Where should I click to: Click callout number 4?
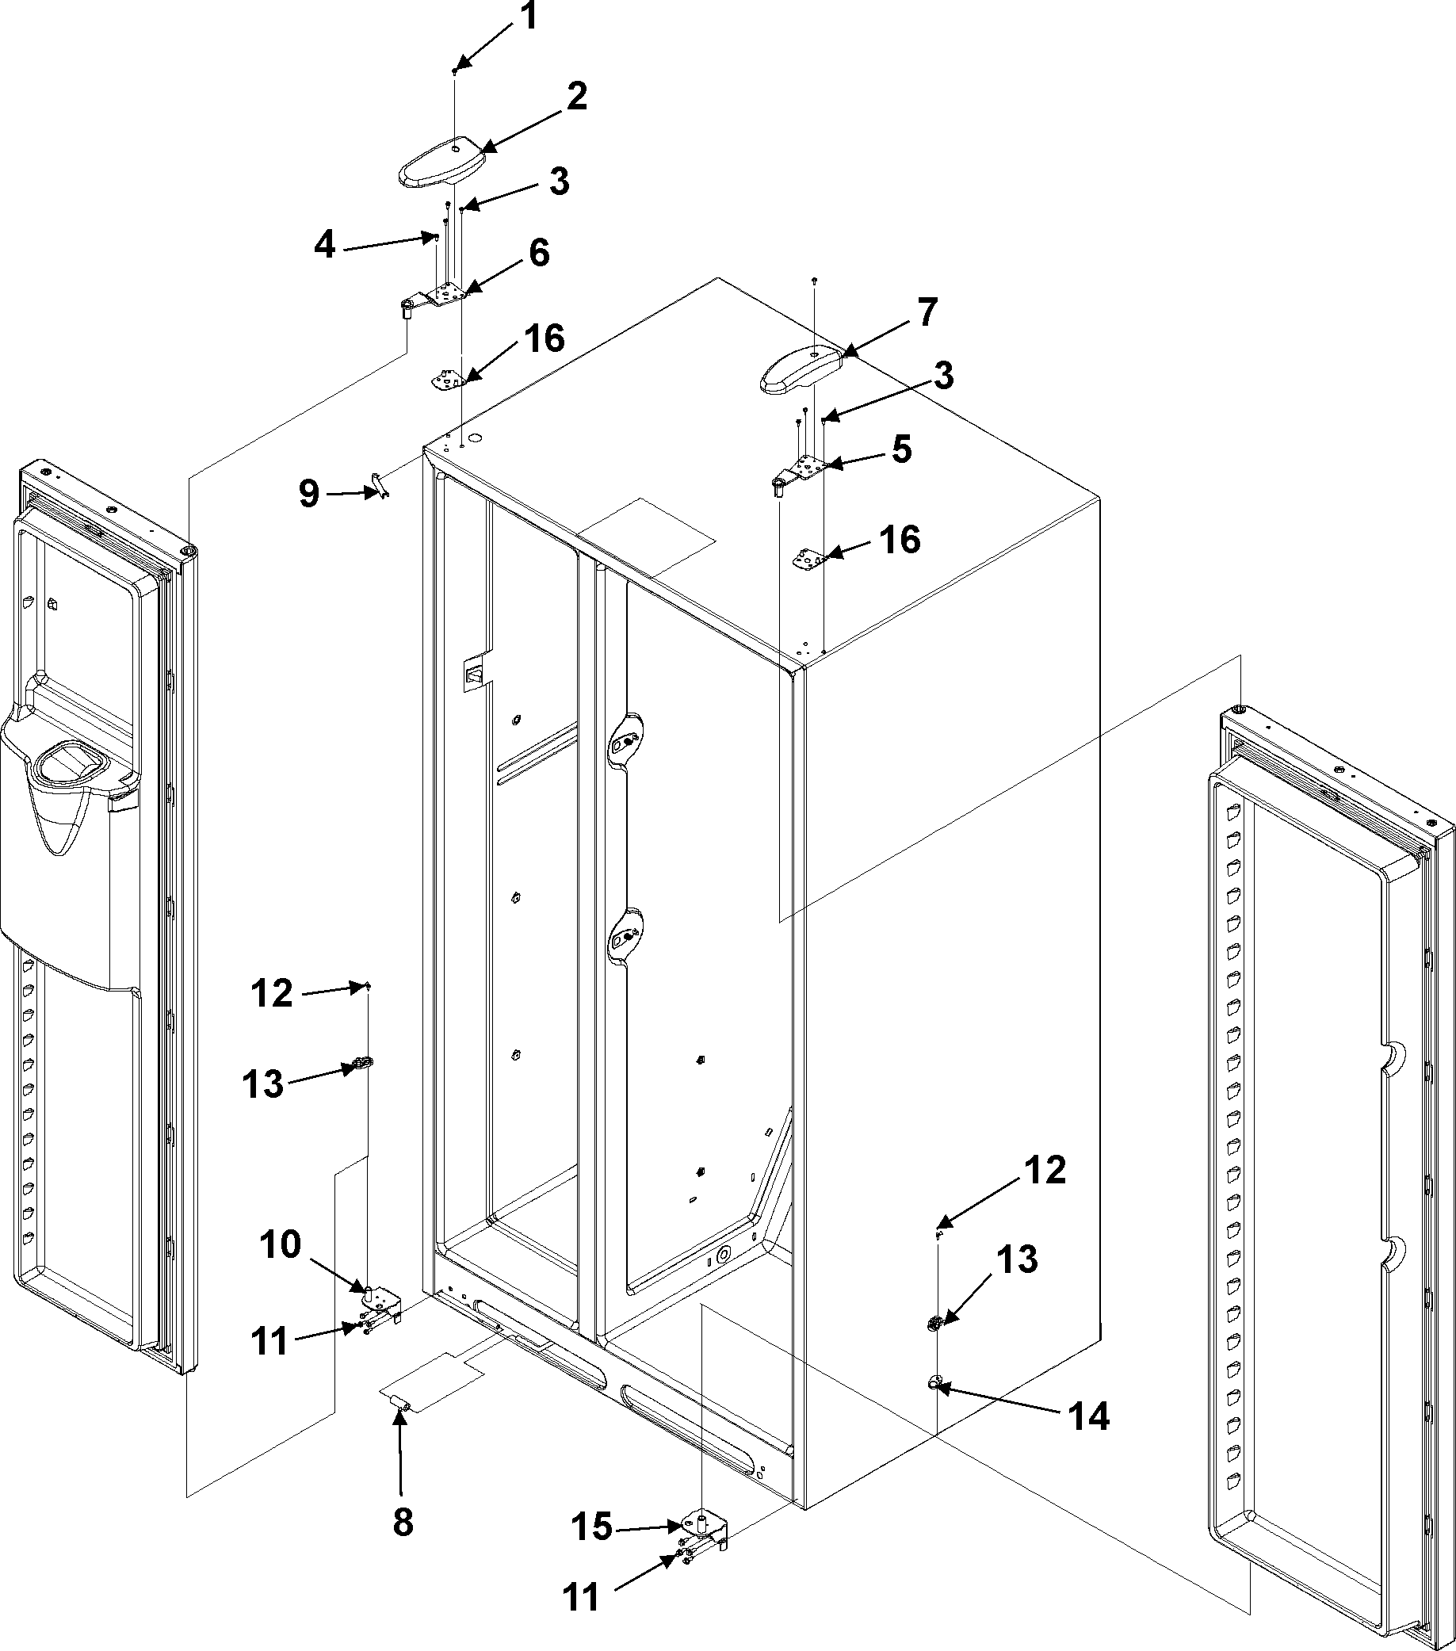coord(325,245)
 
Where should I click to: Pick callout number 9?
coord(309,494)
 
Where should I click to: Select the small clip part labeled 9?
coord(377,485)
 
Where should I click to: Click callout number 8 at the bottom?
coord(402,1523)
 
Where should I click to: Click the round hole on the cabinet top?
coord(475,439)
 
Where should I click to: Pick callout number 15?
coord(594,1527)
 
